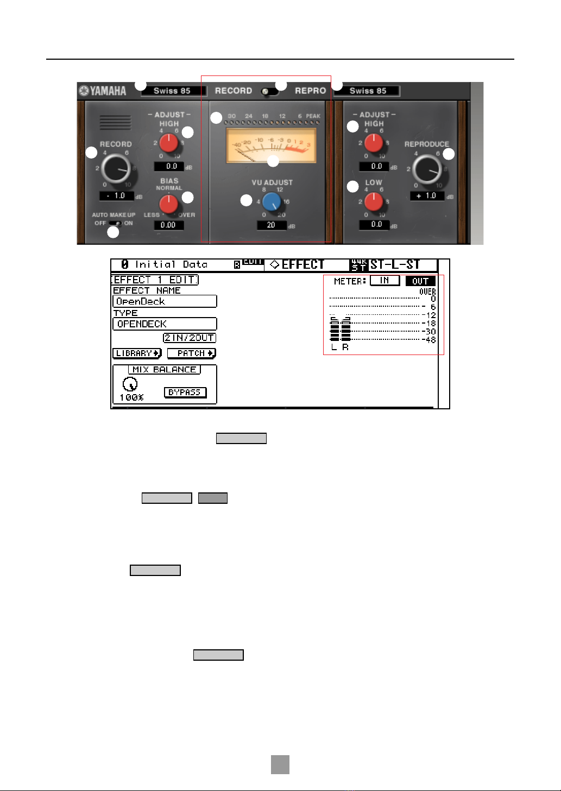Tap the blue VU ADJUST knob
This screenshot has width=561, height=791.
(x=271, y=202)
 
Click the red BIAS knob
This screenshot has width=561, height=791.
(x=169, y=204)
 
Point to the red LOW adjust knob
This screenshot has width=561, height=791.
(x=374, y=201)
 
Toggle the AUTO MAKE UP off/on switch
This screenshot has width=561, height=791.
(x=115, y=223)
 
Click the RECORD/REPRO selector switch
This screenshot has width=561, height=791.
(x=269, y=91)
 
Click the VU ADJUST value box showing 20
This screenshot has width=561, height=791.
(x=272, y=225)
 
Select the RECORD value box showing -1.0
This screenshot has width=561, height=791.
(x=117, y=196)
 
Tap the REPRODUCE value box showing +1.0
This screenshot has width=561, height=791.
(x=427, y=196)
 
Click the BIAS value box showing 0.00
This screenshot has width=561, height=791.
(x=168, y=225)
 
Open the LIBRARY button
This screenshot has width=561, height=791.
(x=137, y=353)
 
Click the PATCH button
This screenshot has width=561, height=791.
(x=191, y=353)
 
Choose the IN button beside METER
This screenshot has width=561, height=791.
(x=384, y=281)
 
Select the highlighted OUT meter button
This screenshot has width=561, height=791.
(x=420, y=281)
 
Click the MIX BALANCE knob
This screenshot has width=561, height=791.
(x=130, y=384)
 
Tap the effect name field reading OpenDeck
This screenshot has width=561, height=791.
(x=165, y=301)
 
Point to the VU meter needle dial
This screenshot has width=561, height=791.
(x=272, y=145)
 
